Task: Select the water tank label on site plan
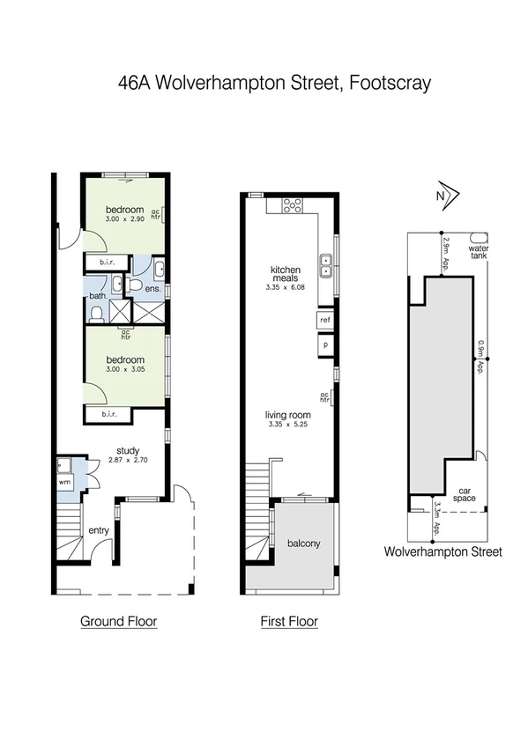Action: click(x=478, y=253)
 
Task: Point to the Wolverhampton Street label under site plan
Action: click(x=442, y=552)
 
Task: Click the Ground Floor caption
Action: click(x=118, y=621)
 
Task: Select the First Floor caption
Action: click(x=288, y=621)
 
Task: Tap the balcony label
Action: click(x=304, y=543)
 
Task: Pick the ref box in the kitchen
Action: click(x=325, y=320)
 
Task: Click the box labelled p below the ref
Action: click(x=325, y=344)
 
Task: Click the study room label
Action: click(x=127, y=449)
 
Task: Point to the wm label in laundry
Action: click(x=63, y=483)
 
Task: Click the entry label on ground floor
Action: click(x=97, y=530)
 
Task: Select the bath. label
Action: click(x=97, y=296)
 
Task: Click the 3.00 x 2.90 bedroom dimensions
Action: click(x=123, y=218)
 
